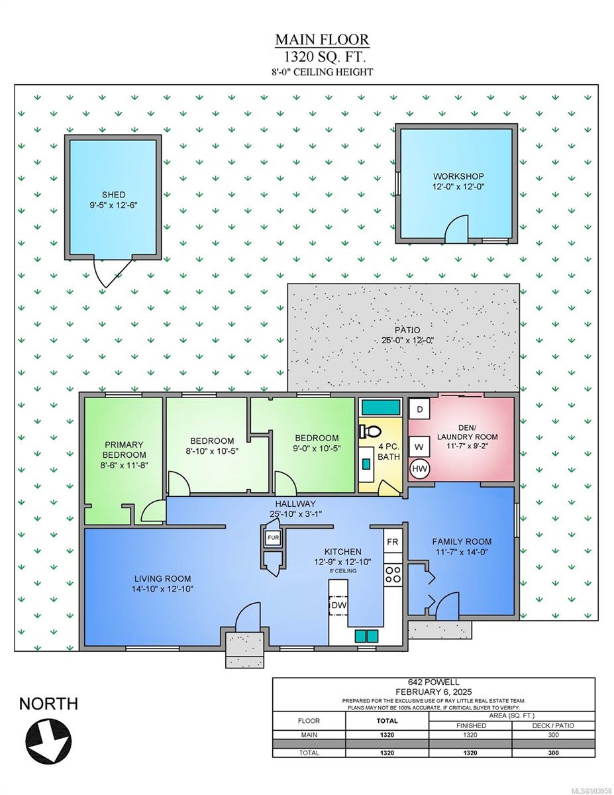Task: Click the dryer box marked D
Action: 419,409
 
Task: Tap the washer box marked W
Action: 419,447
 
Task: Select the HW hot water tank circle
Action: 419,470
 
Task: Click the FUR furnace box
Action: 273,538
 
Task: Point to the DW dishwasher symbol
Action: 338,606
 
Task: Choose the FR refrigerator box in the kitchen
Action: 393,541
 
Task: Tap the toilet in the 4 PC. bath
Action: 370,432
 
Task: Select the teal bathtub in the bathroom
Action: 380,407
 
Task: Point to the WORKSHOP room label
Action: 458,176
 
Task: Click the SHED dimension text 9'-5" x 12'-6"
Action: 114,205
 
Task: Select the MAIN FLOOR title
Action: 322,40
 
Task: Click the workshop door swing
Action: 456,229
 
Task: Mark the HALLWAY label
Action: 295,503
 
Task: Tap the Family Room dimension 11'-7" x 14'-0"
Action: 462,552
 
